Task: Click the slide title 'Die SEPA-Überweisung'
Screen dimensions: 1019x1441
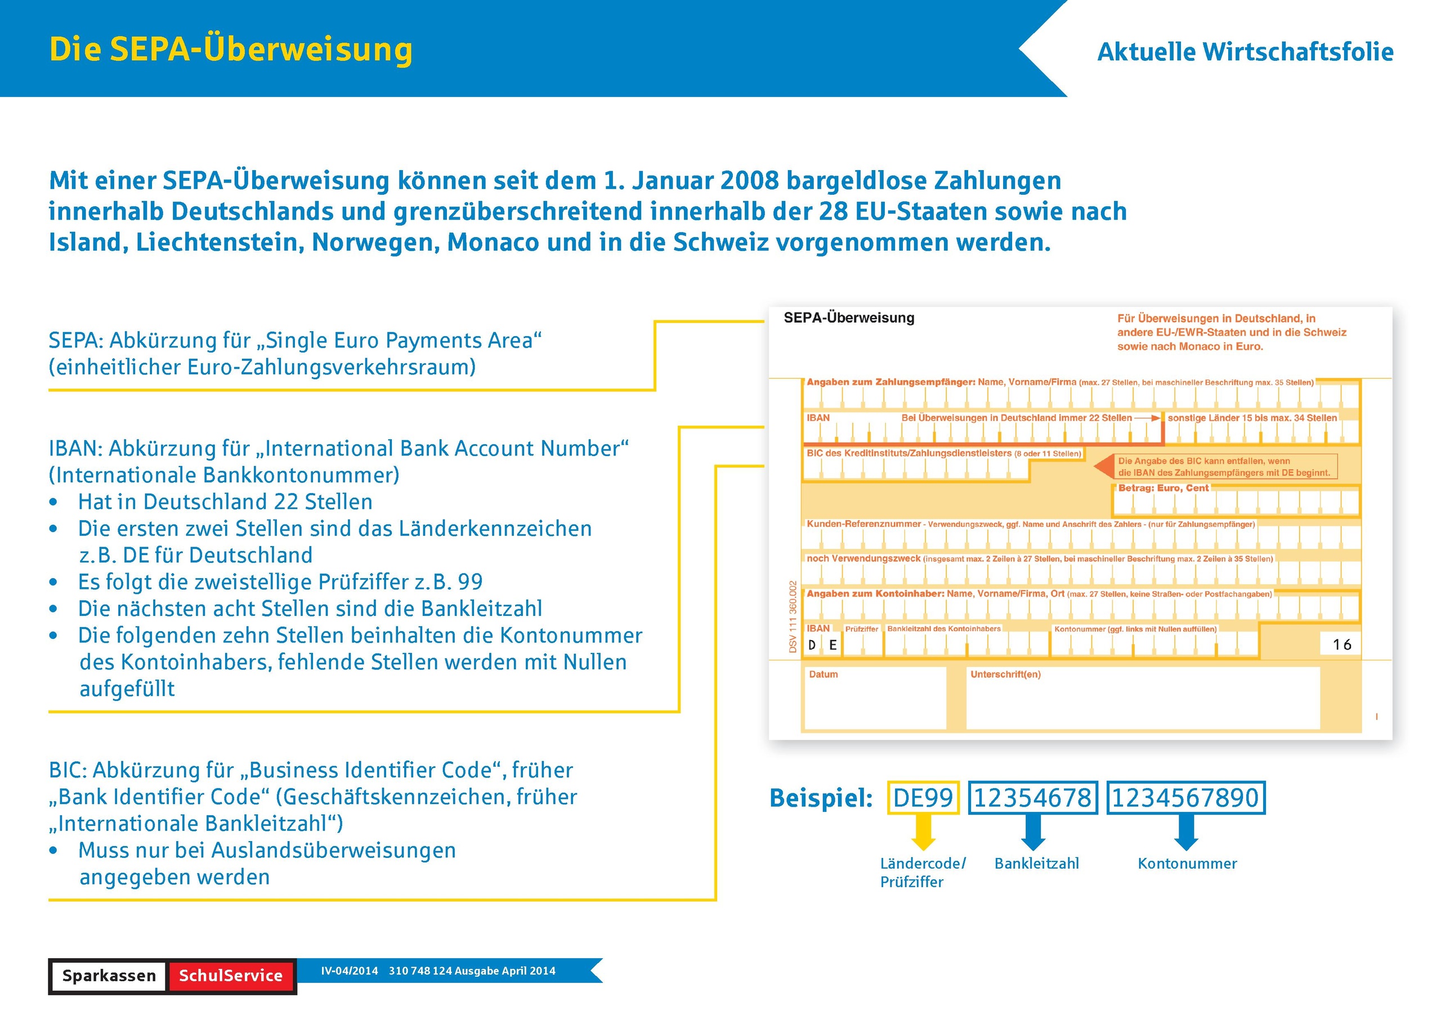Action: (x=230, y=50)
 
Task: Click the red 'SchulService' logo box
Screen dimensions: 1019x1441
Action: (x=230, y=975)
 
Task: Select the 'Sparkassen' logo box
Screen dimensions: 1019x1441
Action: (x=109, y=975)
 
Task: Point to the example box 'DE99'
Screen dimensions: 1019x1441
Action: (x=923, y=797)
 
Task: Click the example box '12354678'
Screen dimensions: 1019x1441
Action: (x=1032, y=797)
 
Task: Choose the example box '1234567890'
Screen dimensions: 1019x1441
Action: (x=1185, y=797)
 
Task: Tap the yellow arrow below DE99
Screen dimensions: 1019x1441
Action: (x=923, y=832)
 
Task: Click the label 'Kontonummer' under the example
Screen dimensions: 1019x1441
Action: (x=1187, y=863)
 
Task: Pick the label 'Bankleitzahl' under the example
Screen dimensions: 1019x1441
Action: (x=1036, y=863)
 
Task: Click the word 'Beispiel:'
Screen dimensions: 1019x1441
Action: (x=821, y=798)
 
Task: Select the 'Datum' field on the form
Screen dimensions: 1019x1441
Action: (x=874, y=698)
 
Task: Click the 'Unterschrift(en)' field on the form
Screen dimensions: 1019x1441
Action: (x=1142, y=698)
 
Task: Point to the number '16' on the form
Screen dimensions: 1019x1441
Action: (x=1342, y=644)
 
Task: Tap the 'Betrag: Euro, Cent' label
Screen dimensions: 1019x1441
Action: (x=1163, y=488)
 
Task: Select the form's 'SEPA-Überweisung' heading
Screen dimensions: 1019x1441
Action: (x=848, y=318)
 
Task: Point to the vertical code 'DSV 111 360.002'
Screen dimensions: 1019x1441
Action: (x=793, y=616)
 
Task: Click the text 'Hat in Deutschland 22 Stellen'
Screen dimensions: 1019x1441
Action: (x=225, y=502)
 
